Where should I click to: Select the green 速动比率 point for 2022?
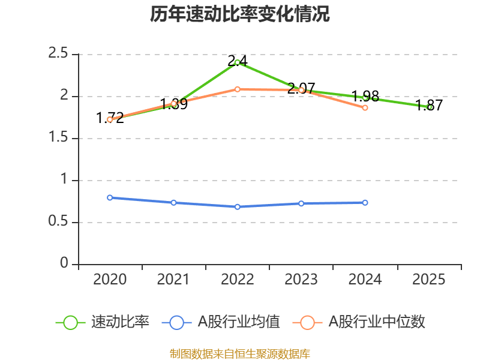tap(238, 62)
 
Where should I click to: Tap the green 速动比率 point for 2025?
tap(429, 107)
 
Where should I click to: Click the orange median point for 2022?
tap(238, 89)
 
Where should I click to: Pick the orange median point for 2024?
tap(365, 107)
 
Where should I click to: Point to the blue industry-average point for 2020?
tap(110, 197)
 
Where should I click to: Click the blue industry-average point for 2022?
tap(238, 206)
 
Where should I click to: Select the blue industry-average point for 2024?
tap(365, 202)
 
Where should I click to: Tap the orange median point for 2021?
tap(174, 103)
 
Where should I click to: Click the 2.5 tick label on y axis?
tap(59, 54)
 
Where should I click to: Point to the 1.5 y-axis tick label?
tap(59, 138)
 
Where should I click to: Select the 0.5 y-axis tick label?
tap(59, 222)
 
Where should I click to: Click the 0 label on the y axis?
tap(65, 264)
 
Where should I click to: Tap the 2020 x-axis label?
tap(110, 280)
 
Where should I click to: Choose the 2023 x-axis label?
tap(301, 280)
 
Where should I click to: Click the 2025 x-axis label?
tap(429, 280)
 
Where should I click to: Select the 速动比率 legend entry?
tap(103, 322)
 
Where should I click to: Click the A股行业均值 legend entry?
tap(221, 322)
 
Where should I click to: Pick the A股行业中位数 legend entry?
tap(359, 322)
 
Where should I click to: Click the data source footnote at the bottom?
tap(240, 353)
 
